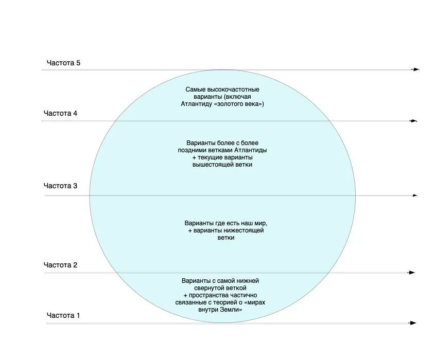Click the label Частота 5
pos(63,63)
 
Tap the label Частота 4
pos(60,113)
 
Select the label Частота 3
pos(60,186)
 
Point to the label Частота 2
pos(60,265)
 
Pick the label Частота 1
pos(63,315)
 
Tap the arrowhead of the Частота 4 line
pos(413,121)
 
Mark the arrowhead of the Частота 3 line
pos(415,195)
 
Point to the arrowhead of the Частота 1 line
pos(413,323)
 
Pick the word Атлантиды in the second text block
pos(251,150)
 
